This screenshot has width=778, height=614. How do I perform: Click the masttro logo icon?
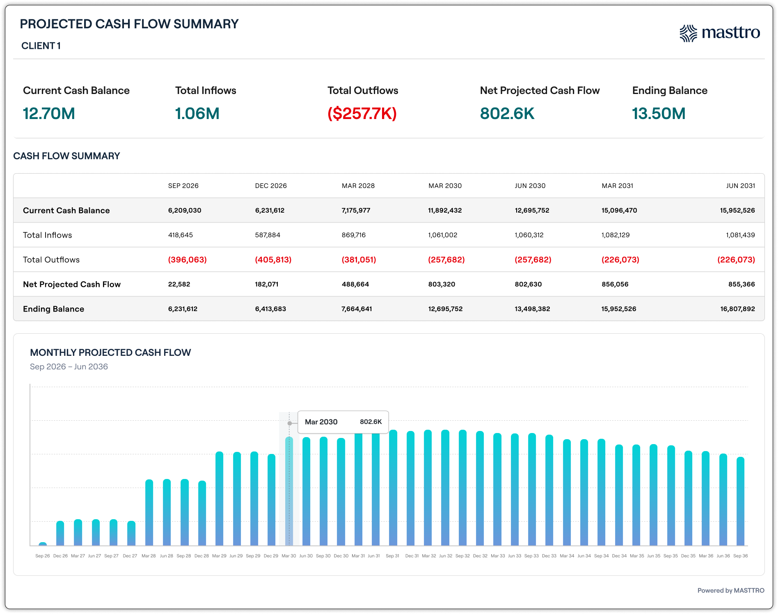tap(688, 33)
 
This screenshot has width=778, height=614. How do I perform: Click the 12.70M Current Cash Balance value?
tap(49, 114)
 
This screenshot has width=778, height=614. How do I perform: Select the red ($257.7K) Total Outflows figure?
tap(362, 114)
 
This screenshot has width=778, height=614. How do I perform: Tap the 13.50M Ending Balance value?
tap(659, 114)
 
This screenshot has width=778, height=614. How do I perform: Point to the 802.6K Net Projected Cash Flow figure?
tap(507, 114)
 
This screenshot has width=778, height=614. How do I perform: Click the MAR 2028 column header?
tap(358, 186)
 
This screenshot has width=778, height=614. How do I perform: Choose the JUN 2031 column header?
tap(741, 186)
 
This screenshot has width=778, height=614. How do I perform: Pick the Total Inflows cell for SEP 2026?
tap(181, 235)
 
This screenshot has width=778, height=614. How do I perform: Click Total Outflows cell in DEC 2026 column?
tap(273, 260)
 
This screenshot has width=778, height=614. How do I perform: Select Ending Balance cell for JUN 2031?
tap(738, 309)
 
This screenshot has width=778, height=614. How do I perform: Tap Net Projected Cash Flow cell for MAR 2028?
tap(355, 284)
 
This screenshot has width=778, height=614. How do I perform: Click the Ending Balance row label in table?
tap(54, 309)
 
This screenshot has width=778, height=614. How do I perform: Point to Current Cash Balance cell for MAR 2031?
tap(619, 211)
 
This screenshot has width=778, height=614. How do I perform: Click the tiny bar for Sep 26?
tap(43, 544)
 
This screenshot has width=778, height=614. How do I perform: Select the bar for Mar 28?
tap(149, 513)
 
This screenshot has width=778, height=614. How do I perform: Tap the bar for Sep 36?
tap(741, 502)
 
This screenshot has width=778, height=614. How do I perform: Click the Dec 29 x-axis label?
tap(271, 556)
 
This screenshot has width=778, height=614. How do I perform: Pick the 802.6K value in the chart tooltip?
tap(371, 422)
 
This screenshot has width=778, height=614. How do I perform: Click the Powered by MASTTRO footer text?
tap(731, 591)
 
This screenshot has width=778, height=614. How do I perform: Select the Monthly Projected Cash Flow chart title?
tap(110, 353)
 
